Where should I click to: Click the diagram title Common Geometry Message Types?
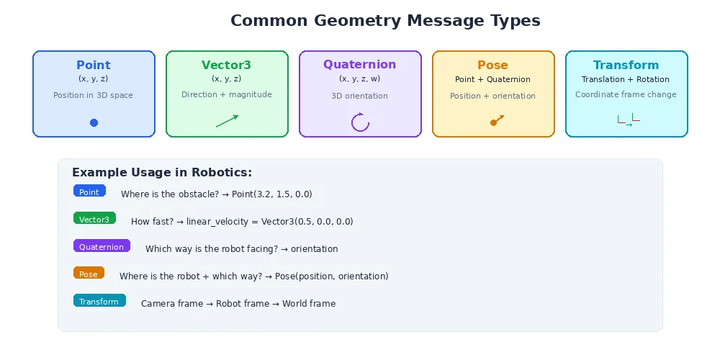point(385,21)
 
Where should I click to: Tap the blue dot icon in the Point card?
point(94,123)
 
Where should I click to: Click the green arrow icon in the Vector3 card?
point(227,121)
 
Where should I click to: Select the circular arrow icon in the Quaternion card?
point(360,122)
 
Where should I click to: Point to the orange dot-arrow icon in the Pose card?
point(496,120)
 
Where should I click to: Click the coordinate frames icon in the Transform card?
point(628,121)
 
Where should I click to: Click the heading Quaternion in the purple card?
point(360,64)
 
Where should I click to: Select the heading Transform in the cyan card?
point(626,65)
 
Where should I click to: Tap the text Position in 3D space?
point(93,95)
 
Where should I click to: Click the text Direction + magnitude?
point(227,94)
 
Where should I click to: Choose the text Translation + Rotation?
point(626,79)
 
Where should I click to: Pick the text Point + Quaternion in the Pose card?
point(492,79)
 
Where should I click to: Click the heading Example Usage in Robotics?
point(162,173)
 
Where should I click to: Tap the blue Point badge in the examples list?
point(89,192)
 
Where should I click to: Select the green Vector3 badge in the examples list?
point(94,219)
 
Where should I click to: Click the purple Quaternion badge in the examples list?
point(102,246)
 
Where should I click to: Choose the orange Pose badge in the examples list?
point(89,274)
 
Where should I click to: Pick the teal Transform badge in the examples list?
point(99,301)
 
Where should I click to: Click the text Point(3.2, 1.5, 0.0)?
point(272,194)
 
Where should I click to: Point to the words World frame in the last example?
point(309,304)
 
